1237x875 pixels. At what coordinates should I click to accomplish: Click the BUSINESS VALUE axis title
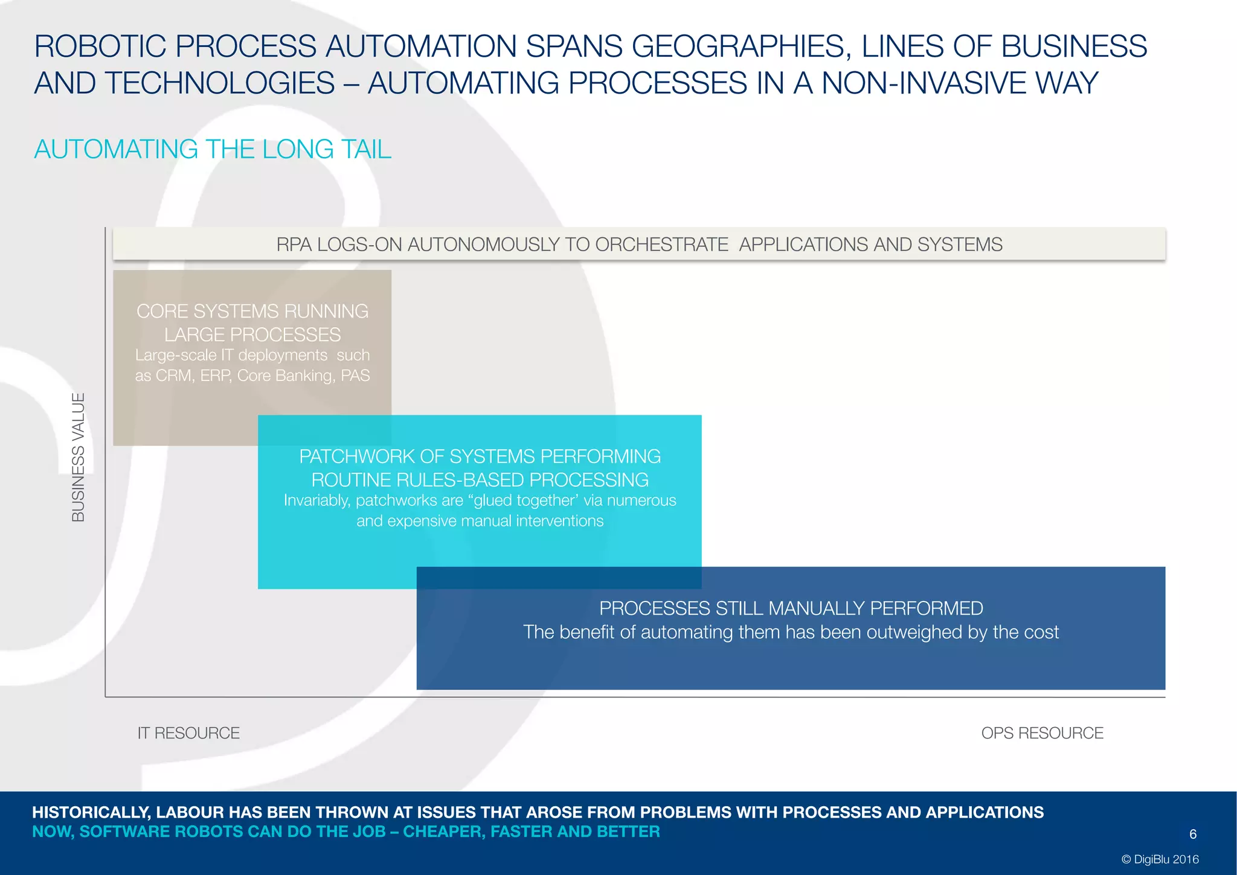[x=79, y=457]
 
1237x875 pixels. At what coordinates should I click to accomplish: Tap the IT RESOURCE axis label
[x=188, y=733]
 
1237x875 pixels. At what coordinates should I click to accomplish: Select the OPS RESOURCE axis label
[x=1042, y=733]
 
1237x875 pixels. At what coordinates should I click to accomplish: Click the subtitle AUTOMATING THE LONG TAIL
[x=213, y=149]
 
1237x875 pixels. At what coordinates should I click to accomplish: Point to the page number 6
[x=1193, y=834]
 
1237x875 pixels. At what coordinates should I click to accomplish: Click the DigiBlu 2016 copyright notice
[x=1160, y=859]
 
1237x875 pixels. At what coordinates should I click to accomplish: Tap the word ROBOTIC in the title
[x=100, y=46]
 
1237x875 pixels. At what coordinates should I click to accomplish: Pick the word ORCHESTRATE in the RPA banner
[x=661, y=245]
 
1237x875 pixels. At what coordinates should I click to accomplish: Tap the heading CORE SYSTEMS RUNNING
[x=252, y=311]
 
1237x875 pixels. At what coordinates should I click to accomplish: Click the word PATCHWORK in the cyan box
[x=356, y=456]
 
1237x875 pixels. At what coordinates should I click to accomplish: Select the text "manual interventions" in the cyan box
[x=525, y=521]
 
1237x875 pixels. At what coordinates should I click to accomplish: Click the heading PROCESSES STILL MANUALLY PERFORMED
[x=791, y=608]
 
